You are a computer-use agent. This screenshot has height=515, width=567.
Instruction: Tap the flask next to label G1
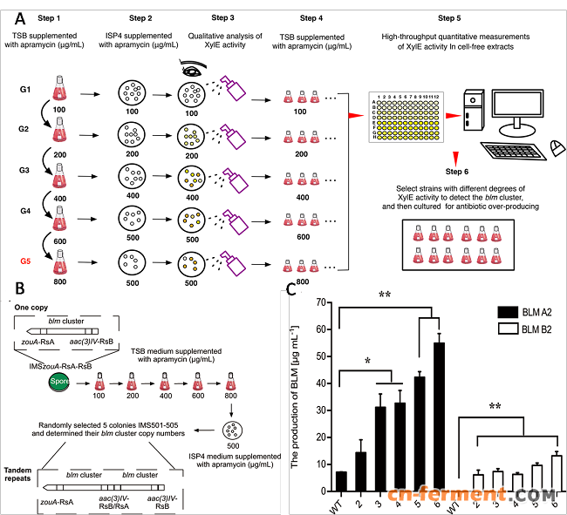click(59, 88)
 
